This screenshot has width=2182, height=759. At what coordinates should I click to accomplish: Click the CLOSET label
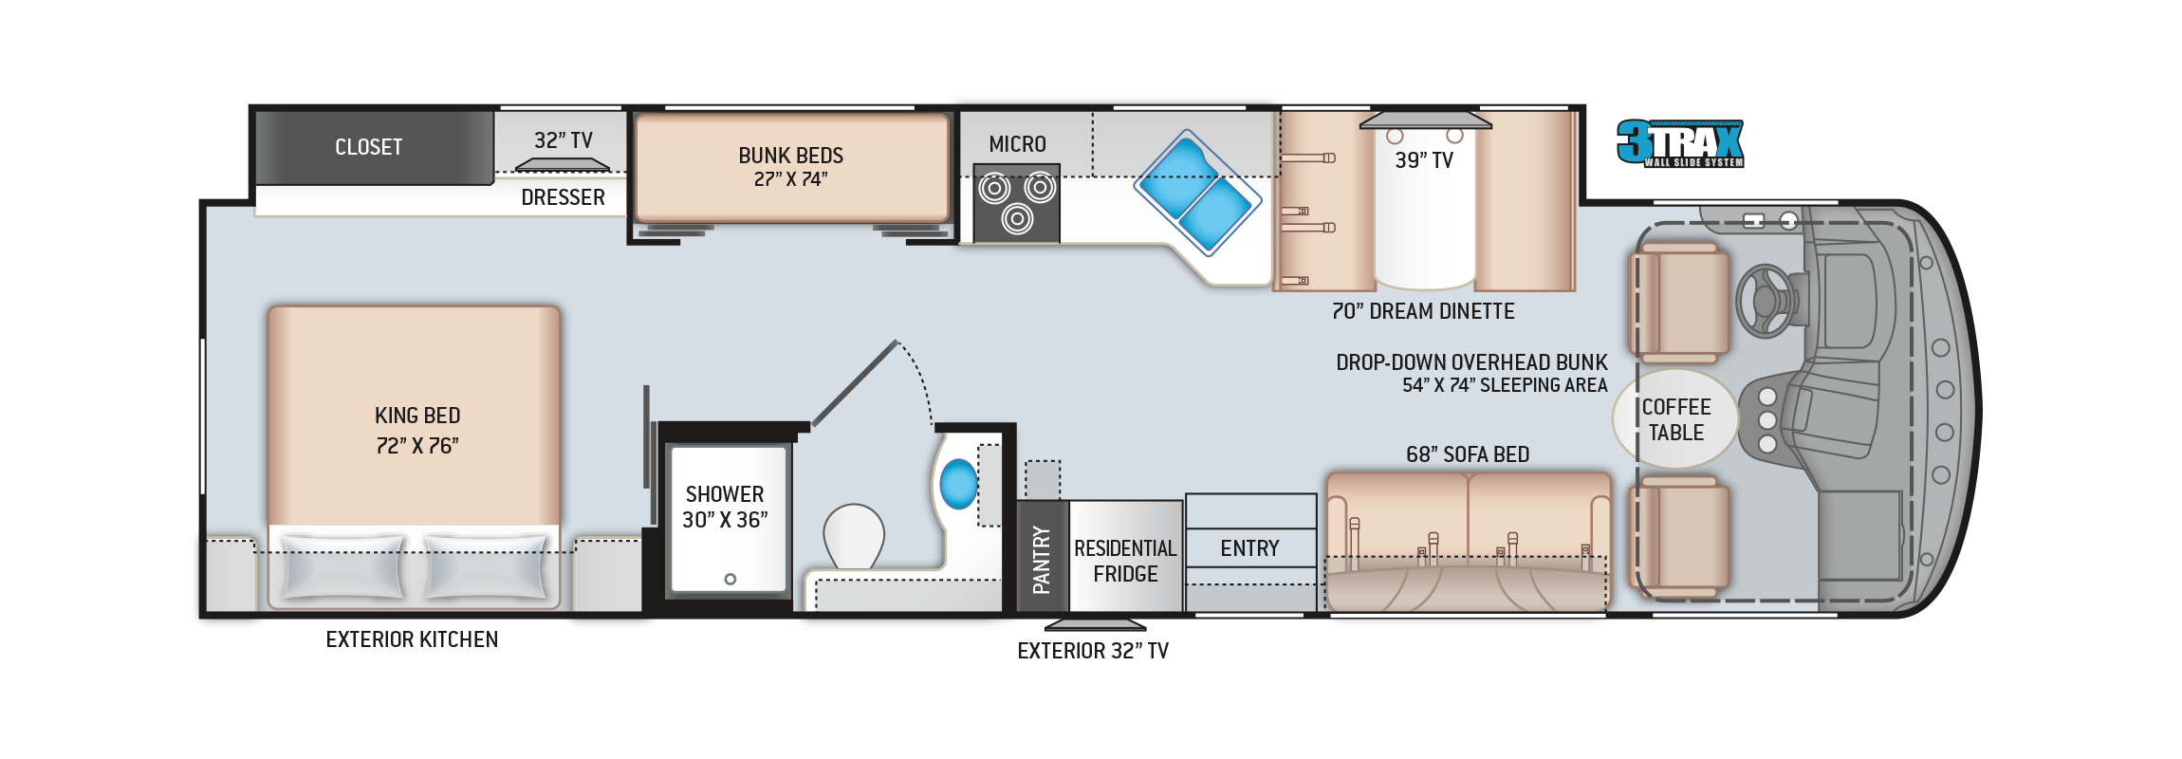pos(368,147)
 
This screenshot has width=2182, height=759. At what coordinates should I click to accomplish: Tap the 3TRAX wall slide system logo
pos(1680,143)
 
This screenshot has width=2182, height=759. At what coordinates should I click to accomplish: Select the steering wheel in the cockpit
pos(1765,301)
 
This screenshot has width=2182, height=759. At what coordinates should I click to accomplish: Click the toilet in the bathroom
pos(854,536)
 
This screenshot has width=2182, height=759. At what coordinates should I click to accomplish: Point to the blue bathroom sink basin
pos(958,484)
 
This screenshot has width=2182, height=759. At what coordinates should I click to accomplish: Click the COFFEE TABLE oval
pos(1675,419)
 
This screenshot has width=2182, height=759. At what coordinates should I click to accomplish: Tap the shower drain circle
pos(730,579)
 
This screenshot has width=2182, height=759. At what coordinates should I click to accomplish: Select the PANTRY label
pos(1042,560)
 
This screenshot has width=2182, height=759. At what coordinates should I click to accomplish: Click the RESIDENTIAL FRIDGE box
pos(1126,556)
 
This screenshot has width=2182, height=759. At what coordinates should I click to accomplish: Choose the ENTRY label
pos(1249,548)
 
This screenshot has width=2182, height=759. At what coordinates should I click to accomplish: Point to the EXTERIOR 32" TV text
pos(1093,651)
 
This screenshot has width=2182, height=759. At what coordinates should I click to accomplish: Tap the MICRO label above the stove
pos(1017,144)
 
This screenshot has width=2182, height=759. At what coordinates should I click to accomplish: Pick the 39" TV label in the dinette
pos(1424,160)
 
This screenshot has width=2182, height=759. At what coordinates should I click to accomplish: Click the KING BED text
pos(417,416)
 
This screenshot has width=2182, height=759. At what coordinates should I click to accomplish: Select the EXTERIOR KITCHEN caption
pos(412,639)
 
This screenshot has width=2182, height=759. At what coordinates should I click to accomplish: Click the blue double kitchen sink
pos(1197,192)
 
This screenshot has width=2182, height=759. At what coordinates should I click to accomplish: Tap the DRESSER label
pos(563,197)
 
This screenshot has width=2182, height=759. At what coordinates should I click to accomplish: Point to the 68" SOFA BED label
pos(1468,454)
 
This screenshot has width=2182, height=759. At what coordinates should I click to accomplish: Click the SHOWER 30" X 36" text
pos(725,507)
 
